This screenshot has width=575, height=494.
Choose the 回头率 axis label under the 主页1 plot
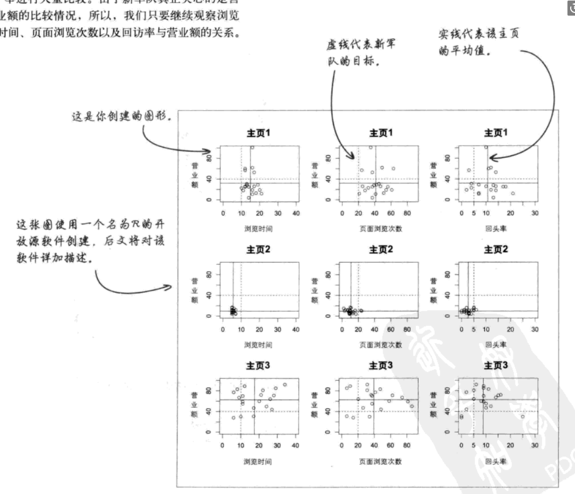tap(495, 228)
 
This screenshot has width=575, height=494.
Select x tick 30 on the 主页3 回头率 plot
tap(535, 446)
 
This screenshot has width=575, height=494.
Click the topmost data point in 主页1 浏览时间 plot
tap(252, 147)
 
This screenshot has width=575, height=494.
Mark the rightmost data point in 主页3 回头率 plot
tap(522, 416)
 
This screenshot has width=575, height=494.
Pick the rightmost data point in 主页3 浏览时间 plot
tap(285, 385)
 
